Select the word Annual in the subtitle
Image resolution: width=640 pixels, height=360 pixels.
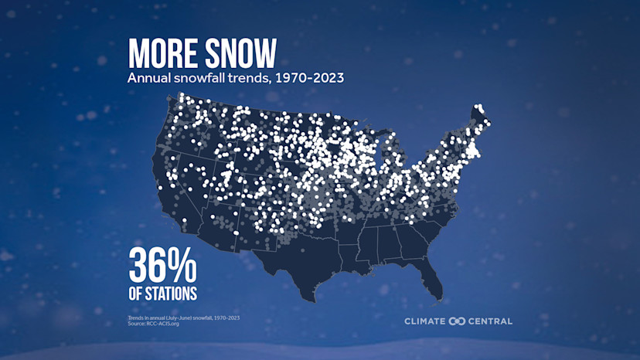(x=147, y=78)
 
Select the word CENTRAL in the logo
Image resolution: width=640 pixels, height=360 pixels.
(x=490, y=321)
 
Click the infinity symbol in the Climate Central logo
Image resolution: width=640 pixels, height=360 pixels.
(x=457, y=321)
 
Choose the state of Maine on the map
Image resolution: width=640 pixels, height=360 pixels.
(x=480, y=124)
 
